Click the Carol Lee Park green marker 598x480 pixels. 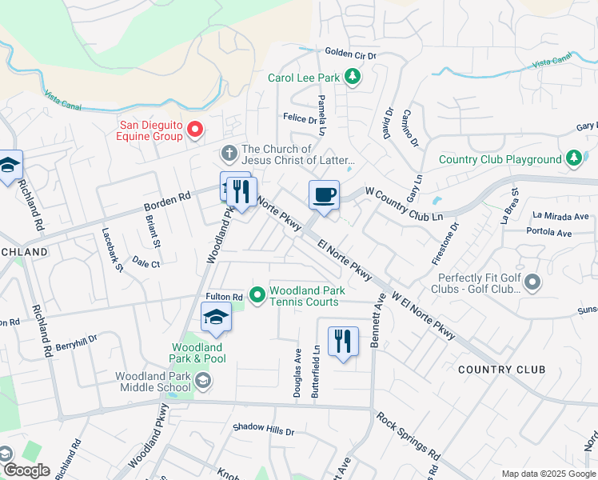point(352,78)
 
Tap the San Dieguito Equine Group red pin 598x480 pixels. point(193,129)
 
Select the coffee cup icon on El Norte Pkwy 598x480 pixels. point(324,195)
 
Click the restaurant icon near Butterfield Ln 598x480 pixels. point(343,341)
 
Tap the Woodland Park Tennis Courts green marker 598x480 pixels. point(257,296)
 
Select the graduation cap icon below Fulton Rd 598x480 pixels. point(215,318)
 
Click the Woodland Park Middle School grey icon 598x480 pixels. point(203,380)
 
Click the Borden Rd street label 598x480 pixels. point(167,200)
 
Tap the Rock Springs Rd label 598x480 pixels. point(408,436)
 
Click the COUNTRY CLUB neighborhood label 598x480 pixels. point(502,370)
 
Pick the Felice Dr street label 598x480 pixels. point(301,118)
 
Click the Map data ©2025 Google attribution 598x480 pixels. point(548,474)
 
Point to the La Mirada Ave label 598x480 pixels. point(560,216)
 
